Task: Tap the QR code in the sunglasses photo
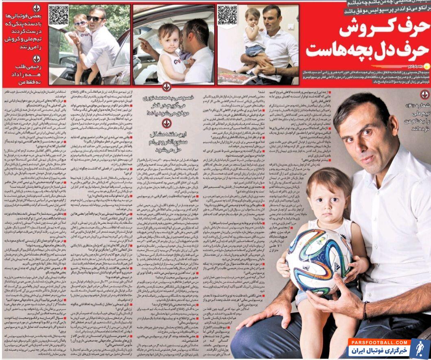click(x=58, y=15)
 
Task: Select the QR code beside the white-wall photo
click(x=227, y=15)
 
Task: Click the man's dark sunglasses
click(x=94, y=19)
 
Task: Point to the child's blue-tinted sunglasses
click(x=80, y=23)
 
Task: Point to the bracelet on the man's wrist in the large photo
click(x=364, y=311)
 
